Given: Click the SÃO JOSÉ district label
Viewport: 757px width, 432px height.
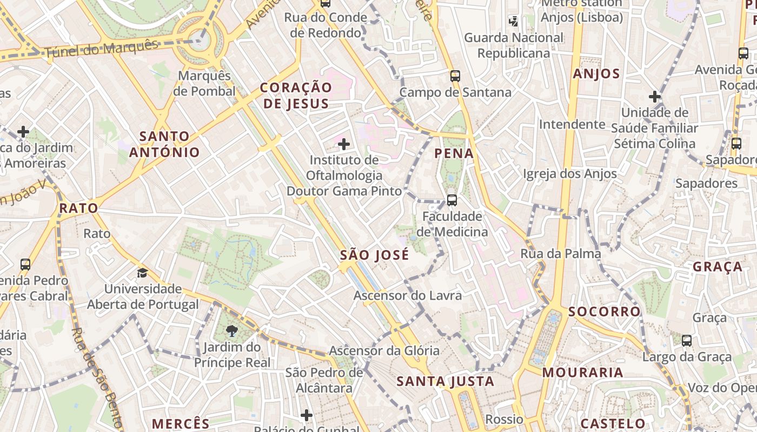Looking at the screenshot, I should tap(375, 255).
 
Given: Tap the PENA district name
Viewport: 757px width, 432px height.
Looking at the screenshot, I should tap(454, 153).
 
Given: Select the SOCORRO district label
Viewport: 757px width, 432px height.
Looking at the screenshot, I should tap(604, 312).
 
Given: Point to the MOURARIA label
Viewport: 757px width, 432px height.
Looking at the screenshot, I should tap(583, 373).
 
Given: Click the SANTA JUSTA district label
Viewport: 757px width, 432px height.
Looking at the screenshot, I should tap(446, 382).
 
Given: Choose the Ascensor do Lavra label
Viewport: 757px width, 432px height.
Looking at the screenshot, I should tap(408, 295).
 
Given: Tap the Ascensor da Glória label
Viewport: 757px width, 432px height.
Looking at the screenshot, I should tap(384, 350).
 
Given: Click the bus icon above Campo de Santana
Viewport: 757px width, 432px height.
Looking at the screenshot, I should tap(455, 76).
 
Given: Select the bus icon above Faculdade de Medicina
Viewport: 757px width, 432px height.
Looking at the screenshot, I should tap(452, 200).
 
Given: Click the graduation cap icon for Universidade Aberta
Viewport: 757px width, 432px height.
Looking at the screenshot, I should tap(142, 273).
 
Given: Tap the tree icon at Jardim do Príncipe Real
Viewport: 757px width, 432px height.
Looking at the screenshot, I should tap(232, 330).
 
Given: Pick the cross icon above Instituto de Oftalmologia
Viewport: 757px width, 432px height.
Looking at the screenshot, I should tap(344, 144).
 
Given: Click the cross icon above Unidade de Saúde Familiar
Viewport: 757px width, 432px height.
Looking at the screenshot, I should tap(655, 97).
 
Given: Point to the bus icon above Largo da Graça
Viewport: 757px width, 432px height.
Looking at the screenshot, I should tap(687, 341).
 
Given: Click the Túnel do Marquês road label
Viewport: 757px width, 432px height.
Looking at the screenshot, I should tap(101, 49).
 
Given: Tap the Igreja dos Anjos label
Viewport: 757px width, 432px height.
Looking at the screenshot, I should tap(570, 174).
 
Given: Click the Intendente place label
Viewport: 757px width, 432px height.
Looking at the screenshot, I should tap(572, 125).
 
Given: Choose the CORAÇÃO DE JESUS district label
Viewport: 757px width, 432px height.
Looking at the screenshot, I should tap(296, 96).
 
